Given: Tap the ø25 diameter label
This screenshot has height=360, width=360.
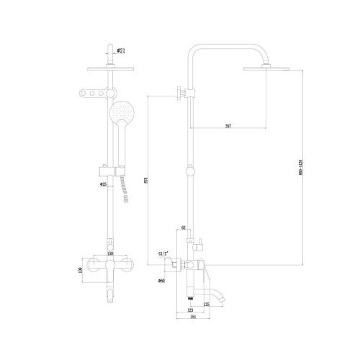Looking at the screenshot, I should (104, 184).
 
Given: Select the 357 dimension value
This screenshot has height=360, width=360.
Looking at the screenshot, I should (228, 127).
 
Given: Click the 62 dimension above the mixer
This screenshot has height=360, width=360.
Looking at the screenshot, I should (184, 228).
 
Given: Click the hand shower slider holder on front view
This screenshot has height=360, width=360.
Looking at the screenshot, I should (107, 171).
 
